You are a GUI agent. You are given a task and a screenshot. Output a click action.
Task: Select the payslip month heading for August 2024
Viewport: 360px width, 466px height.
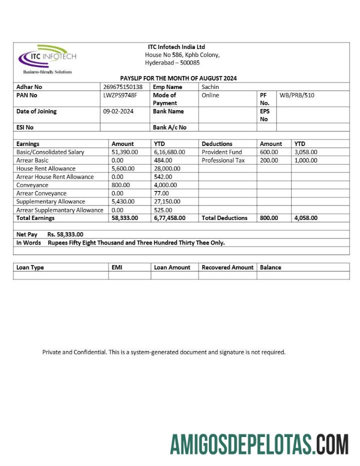(178, 78)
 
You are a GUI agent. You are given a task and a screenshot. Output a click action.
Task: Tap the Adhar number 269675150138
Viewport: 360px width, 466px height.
(122, 87)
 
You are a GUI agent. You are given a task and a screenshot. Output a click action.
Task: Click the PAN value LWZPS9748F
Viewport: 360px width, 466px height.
(120, 95)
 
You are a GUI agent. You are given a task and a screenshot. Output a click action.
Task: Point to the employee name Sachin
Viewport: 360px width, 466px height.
(210, 87)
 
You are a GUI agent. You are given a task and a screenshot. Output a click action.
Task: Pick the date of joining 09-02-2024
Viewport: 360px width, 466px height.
(118, 111)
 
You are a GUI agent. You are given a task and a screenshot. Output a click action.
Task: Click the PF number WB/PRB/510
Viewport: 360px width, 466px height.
(297, 95)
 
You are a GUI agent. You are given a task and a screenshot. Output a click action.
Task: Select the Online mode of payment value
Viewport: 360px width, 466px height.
(210, 95)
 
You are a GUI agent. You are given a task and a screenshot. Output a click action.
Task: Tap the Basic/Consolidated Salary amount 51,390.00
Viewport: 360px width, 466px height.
(124, 152)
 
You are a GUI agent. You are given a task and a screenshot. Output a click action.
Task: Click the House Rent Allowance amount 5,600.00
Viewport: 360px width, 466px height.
(122, 168)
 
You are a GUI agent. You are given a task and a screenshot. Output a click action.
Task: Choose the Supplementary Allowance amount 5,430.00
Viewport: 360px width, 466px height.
(122, 201)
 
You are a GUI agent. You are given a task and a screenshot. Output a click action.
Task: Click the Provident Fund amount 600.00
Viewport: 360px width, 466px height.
(269, 152)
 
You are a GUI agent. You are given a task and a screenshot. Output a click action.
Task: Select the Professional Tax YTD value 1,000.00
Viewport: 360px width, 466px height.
(305, 160)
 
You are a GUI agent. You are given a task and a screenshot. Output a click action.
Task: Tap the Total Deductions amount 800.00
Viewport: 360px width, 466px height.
(269, 218)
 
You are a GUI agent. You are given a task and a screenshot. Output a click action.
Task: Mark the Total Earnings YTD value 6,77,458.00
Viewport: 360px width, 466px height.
(169, 218)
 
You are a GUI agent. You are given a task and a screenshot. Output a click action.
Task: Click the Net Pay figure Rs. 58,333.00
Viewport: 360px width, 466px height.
(65, 234)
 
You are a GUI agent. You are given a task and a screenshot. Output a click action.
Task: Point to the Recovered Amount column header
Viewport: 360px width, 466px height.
(227, 267)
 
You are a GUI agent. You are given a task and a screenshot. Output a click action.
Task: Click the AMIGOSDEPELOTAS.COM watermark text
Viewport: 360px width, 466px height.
(259, 444)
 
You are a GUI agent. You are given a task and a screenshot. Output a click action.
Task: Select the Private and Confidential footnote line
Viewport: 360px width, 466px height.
(164, 352)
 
